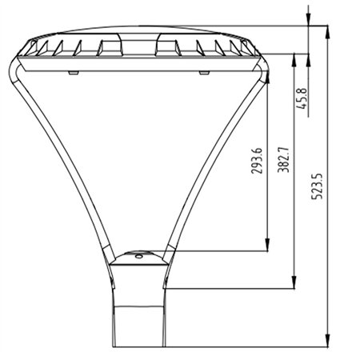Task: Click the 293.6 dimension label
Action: pyautogui.click(x=257, y=161)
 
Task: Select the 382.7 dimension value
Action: pyautogui.click(x=283, y=159)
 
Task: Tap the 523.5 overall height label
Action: pyautogui.click(x=318, y=186)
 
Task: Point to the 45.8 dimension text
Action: pyautogui.click(x=302, y=98)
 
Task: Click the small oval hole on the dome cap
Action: pyautogui.click(x=139, y=256)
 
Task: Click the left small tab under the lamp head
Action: pyautogui.click(x=74, y=73)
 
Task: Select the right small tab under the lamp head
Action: pyautogui.click(x=204, y=73)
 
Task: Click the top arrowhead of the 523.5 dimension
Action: pyautogui.click(x=328, y=33)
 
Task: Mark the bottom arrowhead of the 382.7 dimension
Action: pyautogui.click(x=294, y=282)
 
